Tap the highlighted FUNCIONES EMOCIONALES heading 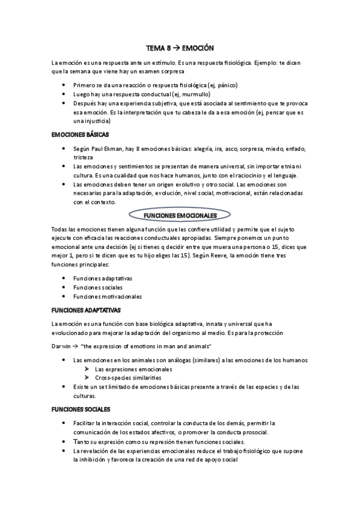[x=181, y=214]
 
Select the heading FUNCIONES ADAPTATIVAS [x=87, y=310]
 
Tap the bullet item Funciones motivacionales [x=108, y=296]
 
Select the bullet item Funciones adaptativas [x=103, y=278]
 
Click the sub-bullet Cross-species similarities [x=129, y=378]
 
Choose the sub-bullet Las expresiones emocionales [x=133, y=369]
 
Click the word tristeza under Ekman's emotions [x=84, y=157]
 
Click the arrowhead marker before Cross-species [x=88, y=378]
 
